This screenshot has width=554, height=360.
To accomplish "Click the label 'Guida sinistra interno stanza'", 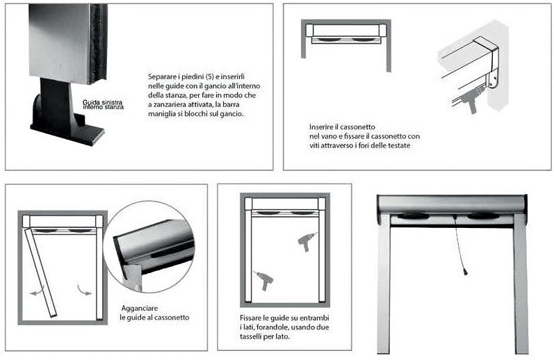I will coord(104,104).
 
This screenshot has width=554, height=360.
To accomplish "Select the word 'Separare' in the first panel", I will coord(161,76).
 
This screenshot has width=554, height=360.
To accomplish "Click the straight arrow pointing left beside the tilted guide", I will coord(35,293).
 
